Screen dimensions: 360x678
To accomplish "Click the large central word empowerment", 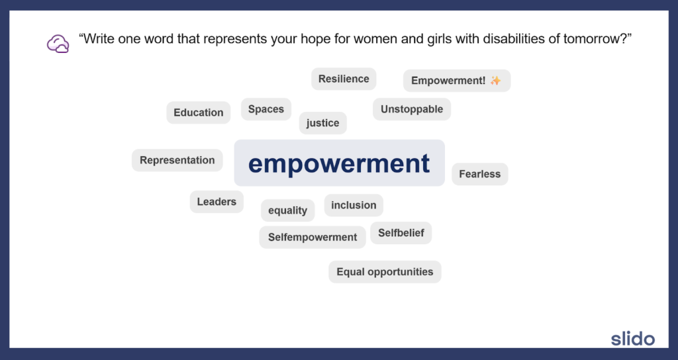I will coord(339,163).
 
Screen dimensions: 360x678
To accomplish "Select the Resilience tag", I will coord(344,79).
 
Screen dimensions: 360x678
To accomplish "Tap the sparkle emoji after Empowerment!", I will coord(495,81).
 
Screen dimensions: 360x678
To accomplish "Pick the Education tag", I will coord(198,112).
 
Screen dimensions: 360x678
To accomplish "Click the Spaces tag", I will coord(266,109).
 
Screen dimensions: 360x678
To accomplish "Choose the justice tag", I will coord(322,123).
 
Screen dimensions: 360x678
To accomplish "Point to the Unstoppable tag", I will coord(411,109).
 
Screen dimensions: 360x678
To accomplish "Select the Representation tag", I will coord(177,160).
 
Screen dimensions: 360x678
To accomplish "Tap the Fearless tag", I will coord(479,174).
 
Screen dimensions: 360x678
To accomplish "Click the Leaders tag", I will coord(217,202).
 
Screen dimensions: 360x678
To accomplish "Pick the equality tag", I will coord(287,210).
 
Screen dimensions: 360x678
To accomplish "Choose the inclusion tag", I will coord(354,205).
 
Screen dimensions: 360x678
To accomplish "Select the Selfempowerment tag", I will coord(312,237).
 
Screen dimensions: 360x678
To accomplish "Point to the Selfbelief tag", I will coord(401,233).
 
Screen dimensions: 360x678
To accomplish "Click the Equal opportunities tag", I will coord(385,272).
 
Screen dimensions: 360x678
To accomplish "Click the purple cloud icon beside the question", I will coord(58,44).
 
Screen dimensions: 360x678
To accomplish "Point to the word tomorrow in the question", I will coord(587,40).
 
